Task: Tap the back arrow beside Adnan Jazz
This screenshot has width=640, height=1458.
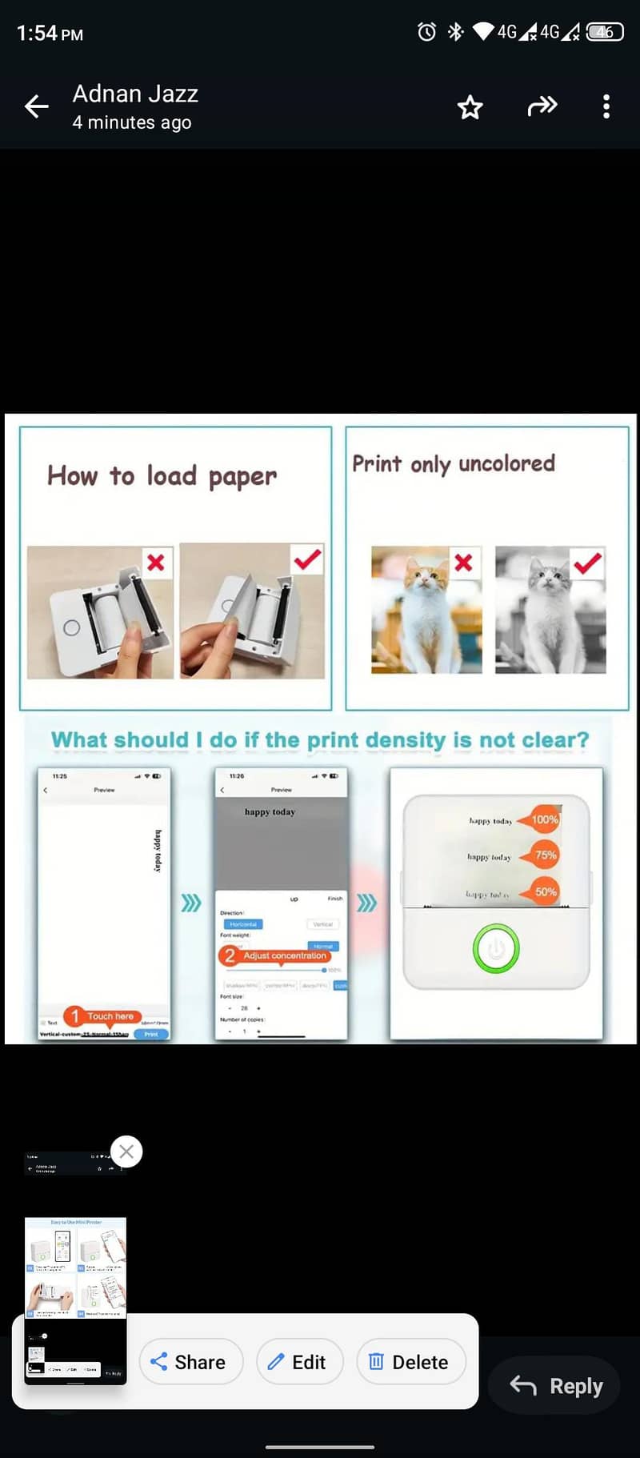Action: point(37,106)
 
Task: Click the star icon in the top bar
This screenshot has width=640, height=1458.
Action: point(470,107)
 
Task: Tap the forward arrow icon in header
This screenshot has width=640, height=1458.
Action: point(542,106)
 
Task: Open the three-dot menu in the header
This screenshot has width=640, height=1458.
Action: point(606,106)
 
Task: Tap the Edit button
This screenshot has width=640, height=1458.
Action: point(299,1362)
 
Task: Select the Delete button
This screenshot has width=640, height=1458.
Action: point(410,1362)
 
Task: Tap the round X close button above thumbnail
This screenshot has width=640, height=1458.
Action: point(126,1152)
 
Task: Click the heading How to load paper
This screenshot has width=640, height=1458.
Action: point(162,476)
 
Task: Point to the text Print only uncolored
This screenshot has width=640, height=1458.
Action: point(453,464)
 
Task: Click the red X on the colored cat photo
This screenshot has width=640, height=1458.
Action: point(463,563)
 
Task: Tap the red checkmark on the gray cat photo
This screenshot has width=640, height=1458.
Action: point(588,563)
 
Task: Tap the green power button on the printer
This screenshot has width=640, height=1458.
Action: point(496,949)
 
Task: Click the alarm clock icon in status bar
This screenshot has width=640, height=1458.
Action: point(427,32)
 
